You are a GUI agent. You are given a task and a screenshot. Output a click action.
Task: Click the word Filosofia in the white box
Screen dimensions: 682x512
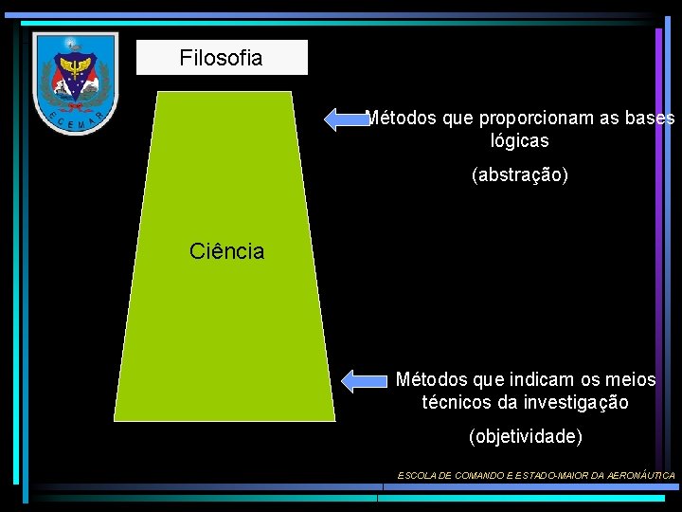(x=221, y=59)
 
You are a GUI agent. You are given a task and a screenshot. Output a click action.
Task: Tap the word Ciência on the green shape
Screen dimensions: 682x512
(x=227, y=251)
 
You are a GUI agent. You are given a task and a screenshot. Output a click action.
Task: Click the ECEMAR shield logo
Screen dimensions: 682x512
(x=75, y=82)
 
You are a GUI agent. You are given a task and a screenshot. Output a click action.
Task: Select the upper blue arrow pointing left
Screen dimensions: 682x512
(x=346, y=119)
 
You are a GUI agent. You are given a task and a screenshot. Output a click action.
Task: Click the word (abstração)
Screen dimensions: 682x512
(x=519, y=175)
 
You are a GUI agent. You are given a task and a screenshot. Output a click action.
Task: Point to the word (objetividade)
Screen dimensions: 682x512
(x=526, y=436)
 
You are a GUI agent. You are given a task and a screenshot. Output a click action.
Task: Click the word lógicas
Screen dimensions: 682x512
(x=519, y=140)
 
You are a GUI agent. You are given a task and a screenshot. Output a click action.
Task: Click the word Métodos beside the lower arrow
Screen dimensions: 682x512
(x=431, y=379)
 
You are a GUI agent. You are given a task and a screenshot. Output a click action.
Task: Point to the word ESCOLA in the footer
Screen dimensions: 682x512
(x=414, y=475)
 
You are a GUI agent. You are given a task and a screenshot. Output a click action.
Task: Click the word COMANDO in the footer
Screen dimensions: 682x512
(x=465, y=475)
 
